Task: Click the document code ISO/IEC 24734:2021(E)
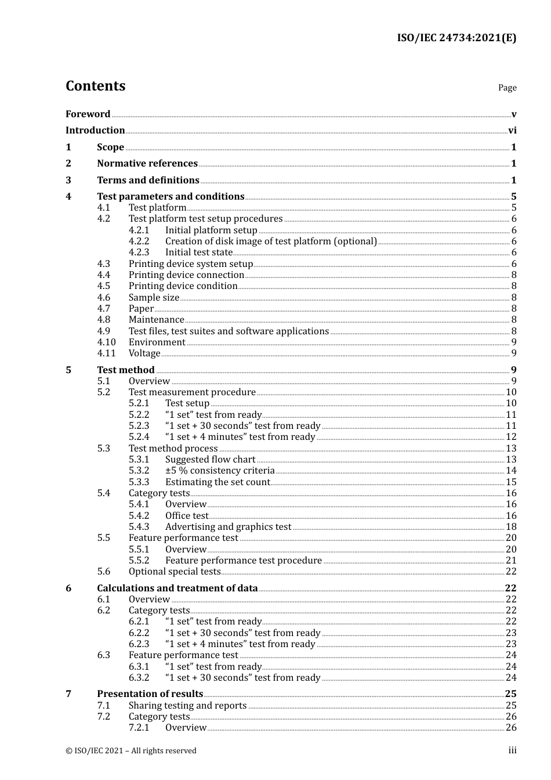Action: (x=456, y=38)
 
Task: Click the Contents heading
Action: (x=95, y=86)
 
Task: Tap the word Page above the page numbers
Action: (x=507, y=88)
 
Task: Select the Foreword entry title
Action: (x=88, y=114)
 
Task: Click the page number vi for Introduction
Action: (x=512, y=131)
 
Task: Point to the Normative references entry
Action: (x=147, y=164)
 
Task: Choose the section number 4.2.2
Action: (x=139, y=241)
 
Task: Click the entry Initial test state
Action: (x=199, y=252)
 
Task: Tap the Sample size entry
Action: (x=154, y=298)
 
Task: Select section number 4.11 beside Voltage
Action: (x=106, y=353)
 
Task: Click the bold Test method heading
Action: (x=126, y=370)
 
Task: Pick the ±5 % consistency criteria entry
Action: (x=220, y=471)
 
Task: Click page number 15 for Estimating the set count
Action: (x=511, y=482)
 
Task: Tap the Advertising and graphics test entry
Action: (x=228, y=527)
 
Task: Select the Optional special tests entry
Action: (x=175, y=572)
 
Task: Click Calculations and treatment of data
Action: (x=177, y=588)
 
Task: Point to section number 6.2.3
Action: (x=139, y=644)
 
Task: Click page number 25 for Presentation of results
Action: (x=510, y=694)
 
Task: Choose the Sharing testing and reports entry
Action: (x=187, y=706)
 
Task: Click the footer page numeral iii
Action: (x=512, y=750)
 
